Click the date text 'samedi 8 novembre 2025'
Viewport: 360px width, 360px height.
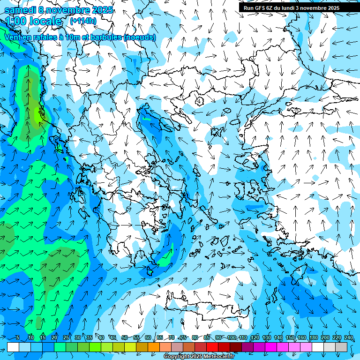point(58,9)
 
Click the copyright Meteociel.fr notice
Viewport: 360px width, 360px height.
point(199,357)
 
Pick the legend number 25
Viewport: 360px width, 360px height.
point(66,338)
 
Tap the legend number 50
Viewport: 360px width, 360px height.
point(124,338)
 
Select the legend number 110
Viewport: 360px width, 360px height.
point(242,338)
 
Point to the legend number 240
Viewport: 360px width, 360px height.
point(348,338)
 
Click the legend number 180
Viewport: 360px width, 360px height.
point(313,338)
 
